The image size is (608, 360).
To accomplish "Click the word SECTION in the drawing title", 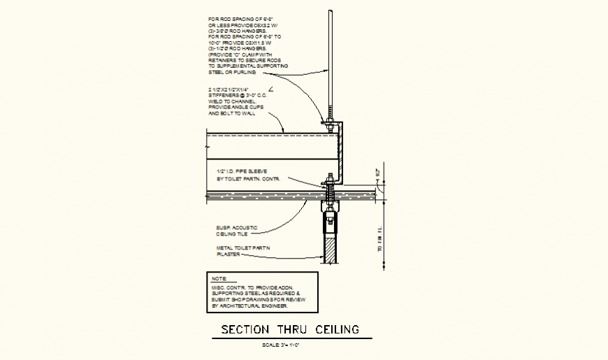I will (242, 329).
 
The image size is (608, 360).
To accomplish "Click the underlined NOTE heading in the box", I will (218, 279).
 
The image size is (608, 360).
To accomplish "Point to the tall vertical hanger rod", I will (328, 63).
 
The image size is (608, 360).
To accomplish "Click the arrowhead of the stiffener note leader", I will (282, 130).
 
